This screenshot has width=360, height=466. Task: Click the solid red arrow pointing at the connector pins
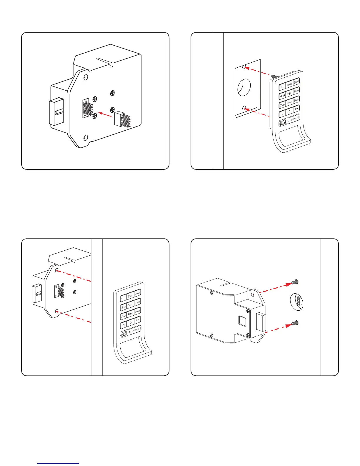pos(106,114)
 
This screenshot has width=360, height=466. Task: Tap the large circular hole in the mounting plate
pos(244,87)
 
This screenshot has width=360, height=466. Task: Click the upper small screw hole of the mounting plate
pos(244,67)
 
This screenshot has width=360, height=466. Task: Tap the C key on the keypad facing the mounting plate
pos(282,114)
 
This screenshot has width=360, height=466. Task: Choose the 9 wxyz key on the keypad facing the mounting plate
pos(296,100)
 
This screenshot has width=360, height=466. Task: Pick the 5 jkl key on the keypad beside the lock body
pos(130,305)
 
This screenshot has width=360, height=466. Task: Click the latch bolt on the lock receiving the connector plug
pos(56,111)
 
